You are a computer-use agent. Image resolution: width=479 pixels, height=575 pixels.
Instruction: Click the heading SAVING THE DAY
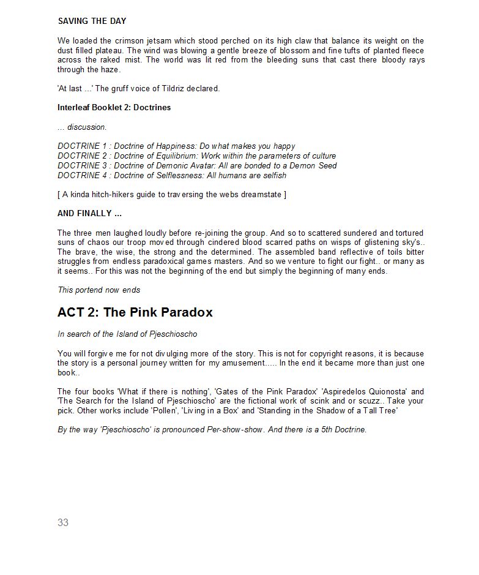coord(92,21)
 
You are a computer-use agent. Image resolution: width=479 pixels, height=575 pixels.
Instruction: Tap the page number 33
coord(63,522)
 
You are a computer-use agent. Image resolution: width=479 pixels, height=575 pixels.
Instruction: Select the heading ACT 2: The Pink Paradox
coord(135,312)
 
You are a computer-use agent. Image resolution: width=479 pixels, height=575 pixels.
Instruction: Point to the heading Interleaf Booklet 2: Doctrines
coord(114,107)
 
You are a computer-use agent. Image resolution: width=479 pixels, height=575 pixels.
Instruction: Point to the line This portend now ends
coord(98,290)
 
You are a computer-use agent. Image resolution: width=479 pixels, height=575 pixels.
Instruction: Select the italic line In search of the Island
coord(127,334)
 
